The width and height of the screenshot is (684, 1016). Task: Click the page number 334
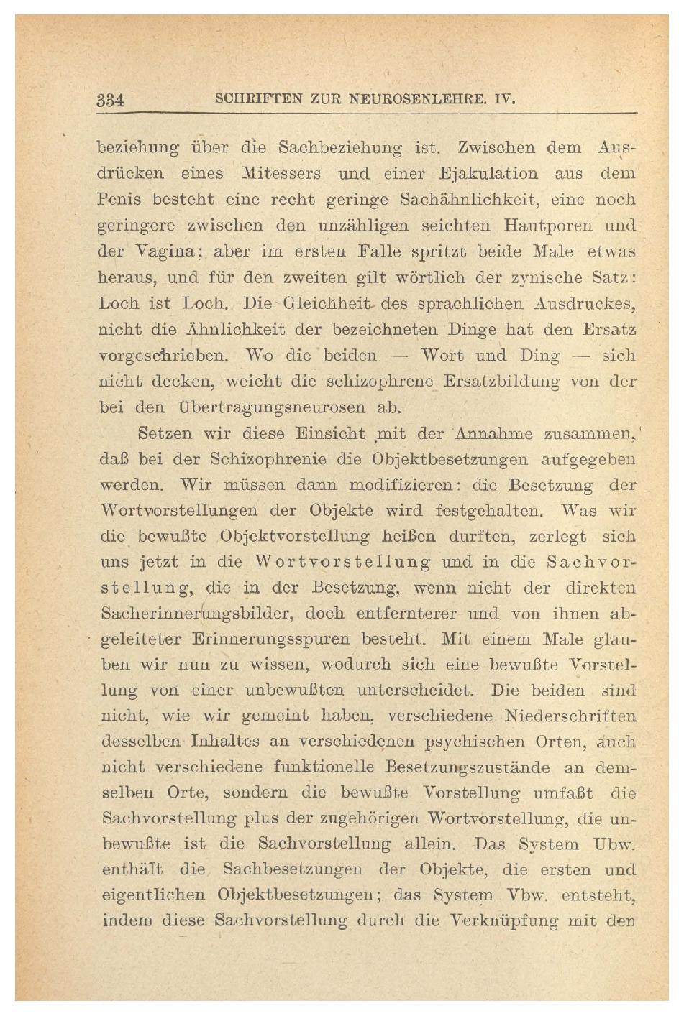(x=111, y=99)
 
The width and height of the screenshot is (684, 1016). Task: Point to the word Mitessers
(x=282, y=174)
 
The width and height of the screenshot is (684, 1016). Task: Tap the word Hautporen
(x=542, y=225)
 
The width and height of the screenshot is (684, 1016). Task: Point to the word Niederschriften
(x=571, y=716)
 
